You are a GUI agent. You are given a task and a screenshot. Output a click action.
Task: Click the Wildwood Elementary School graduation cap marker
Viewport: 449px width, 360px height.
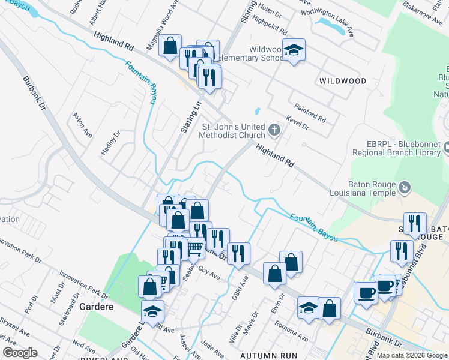click(294, 50)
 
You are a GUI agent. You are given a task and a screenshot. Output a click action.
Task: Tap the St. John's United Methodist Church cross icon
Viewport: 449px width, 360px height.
click(274, 130)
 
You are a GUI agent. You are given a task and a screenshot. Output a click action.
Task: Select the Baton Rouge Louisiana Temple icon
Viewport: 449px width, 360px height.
click(405, 188)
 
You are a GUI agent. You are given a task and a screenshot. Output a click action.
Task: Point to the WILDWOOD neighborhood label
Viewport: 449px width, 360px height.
click(343, 80)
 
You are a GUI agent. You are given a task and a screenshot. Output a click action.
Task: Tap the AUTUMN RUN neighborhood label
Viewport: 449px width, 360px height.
click(269, 356)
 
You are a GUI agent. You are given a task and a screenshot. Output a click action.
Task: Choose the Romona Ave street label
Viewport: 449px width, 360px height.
click(291, 331)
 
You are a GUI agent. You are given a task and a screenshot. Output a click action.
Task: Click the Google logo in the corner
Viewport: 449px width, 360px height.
click(20, 353)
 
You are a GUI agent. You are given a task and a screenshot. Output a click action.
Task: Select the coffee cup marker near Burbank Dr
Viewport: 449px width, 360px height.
click(366, 293)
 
